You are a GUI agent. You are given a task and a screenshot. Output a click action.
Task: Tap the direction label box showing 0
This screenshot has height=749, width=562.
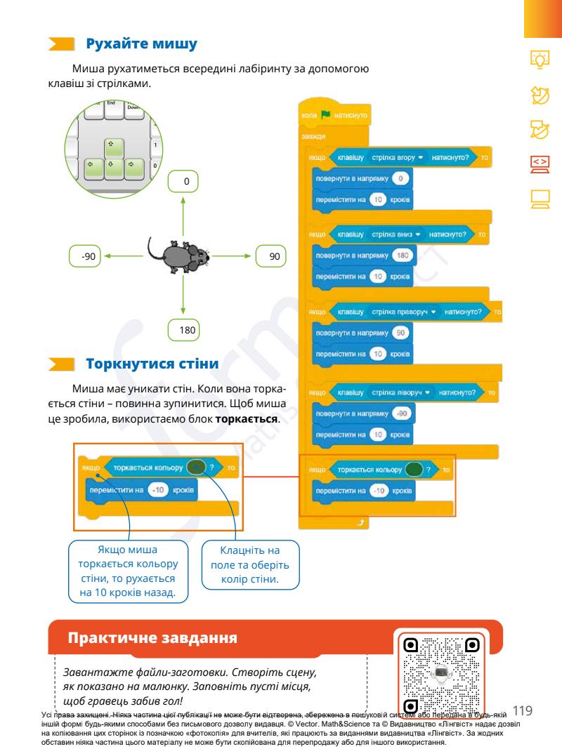185,182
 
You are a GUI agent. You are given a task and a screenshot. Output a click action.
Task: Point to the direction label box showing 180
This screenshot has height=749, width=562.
185,329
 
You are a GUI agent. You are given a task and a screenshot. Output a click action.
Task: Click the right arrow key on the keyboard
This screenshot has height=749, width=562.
133,168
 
